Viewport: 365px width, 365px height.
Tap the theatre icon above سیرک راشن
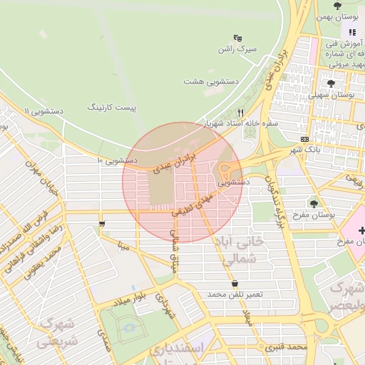[x=237, y=38]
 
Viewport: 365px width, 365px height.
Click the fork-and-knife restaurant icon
[x=241, y=113]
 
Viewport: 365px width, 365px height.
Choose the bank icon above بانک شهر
[x=305, y=139]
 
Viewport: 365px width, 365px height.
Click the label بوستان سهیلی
[x=334, y=94]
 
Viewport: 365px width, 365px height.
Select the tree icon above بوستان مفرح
[x=314, y=204]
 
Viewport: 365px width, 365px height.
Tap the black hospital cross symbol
[x=362, y=231]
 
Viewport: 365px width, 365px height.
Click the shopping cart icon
[x=103, y=225]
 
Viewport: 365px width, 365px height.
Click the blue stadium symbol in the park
[x=129, y=329]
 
